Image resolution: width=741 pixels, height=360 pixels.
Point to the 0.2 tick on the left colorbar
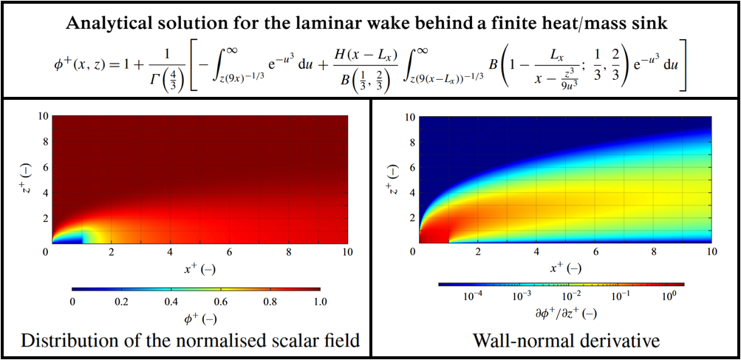(x=122, y=302)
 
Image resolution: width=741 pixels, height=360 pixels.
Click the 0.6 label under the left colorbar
(x=221, y=302)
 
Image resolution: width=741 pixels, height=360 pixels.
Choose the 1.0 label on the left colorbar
(x=320, y=302)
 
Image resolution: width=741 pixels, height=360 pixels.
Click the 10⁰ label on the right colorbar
(x=668, y=296)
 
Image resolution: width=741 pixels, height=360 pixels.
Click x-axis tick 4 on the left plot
(x=171, y=252)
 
